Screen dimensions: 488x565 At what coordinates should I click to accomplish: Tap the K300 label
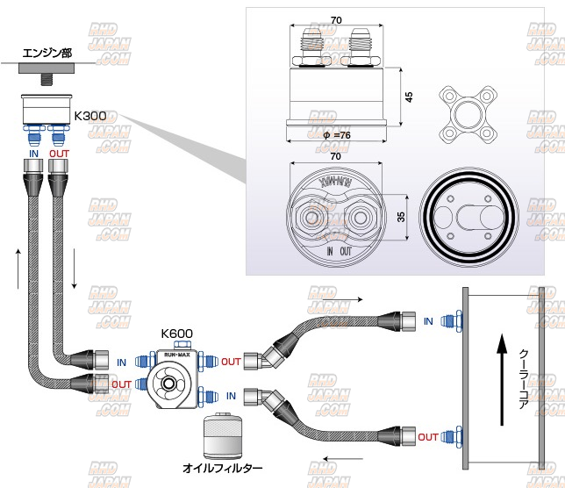(x=89, y=115)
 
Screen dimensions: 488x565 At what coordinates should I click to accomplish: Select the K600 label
(x=176, y=334)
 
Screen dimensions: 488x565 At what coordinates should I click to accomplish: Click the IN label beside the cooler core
(x=428, y=322)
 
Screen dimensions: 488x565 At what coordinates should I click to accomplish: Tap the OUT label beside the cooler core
(x=428, y=437)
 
